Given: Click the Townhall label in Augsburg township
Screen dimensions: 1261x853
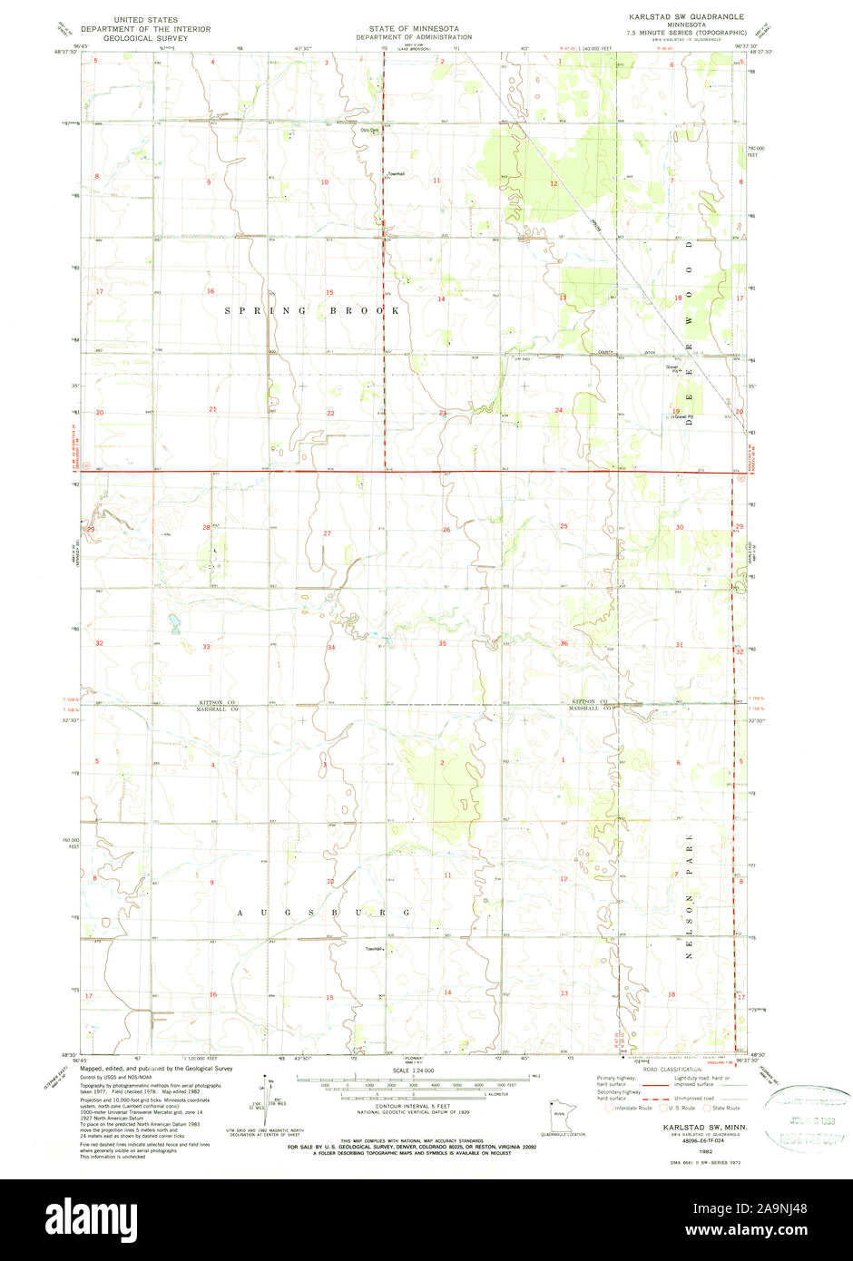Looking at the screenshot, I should [x=374, y=949].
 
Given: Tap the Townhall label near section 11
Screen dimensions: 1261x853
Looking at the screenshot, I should [x=396, y=174].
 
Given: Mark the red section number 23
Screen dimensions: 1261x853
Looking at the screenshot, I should [x=443, y=413].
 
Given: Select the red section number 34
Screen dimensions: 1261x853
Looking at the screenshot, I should [x=331, y=647].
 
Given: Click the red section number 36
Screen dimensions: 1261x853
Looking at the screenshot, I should [x=564, y=643].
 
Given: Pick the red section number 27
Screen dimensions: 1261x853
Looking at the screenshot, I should [x=327, y=533].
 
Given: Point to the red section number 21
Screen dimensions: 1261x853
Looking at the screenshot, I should [x=213, y=409].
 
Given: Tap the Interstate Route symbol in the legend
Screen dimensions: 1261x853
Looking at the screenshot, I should [x=609, y=1108].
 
